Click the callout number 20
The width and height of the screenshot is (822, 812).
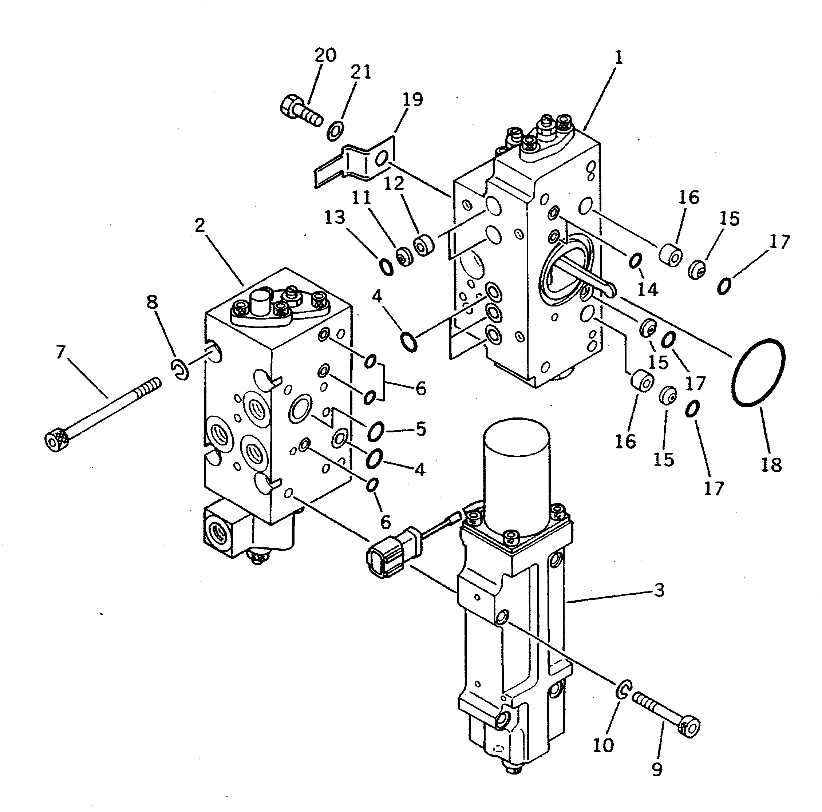pos(325,55)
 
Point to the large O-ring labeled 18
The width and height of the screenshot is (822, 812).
pos(759,373)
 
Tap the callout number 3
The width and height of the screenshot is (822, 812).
pos(659,590)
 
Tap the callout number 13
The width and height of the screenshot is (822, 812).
pos(335,218)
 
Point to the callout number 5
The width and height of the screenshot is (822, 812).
pos(420,429)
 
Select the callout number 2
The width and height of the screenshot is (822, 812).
pos(199,225)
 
